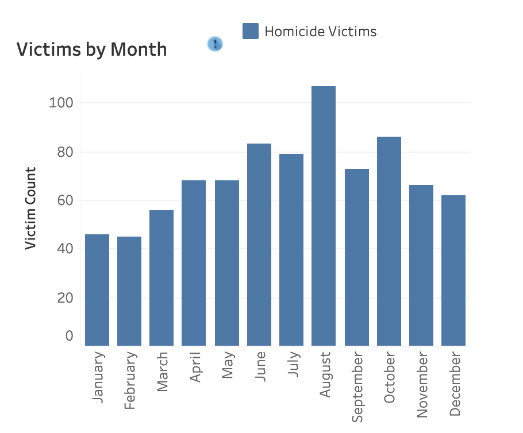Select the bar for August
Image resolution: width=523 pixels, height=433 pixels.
[x=323, y=216]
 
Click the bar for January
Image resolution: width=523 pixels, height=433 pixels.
[x=97, y=290]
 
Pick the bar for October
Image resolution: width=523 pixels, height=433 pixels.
[x=389, y=241]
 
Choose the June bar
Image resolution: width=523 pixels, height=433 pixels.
[x=259, y=245]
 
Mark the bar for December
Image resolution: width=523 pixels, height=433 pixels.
[x=453, y=270]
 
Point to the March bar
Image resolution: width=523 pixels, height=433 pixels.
[x=161, y=278]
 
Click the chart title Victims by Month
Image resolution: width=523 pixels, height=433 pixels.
[x=92, y=49]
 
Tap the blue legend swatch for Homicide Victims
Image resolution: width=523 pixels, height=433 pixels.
[x=251, y=31]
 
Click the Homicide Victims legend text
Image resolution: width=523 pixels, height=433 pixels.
[x=321, y=31]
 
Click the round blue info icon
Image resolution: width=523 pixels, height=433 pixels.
[x=215, y=44]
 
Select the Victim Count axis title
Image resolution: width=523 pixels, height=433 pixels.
[x=31, y=208]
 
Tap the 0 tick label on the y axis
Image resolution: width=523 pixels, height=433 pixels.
[x=70, y=336]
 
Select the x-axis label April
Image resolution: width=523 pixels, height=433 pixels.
[x=195, y=368]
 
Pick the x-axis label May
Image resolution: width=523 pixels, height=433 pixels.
[x=228, y=365]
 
